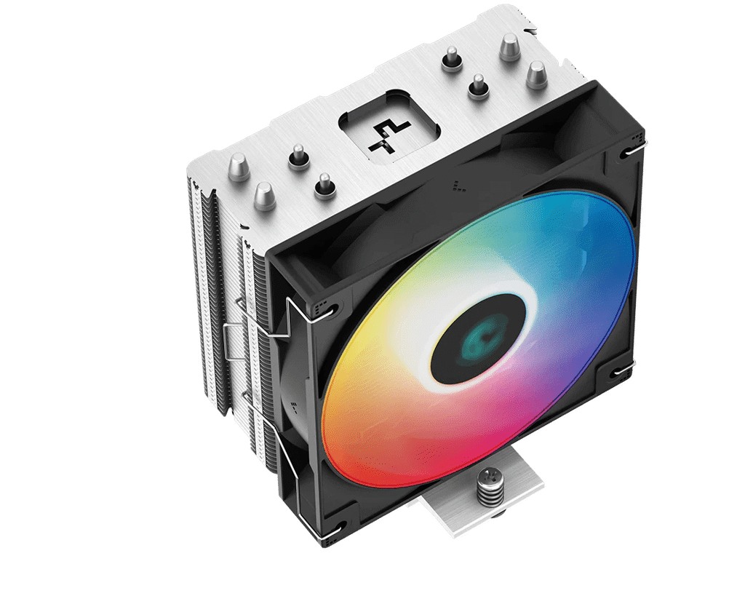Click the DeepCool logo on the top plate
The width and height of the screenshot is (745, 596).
pyautogui.click(x=383, y=135)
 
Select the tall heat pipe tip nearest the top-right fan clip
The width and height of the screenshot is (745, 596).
pyautogui.click(x=536, y=73)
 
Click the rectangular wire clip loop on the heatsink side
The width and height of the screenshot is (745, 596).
pyautogui.click(x=234, y=342)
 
